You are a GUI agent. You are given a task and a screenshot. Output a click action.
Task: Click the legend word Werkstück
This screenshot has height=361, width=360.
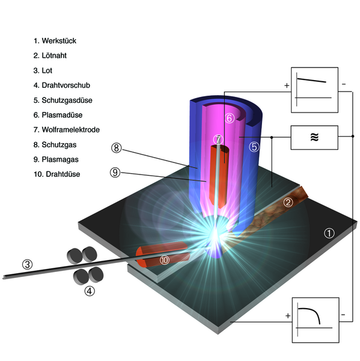(x=59, y=41)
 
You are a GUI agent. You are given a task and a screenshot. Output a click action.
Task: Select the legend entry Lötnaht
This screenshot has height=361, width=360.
(x=54, y=55)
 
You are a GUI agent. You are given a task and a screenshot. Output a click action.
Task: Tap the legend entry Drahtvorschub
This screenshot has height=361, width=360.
(x=66, y=85)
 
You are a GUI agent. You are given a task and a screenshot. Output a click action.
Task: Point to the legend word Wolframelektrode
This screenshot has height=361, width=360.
(x=71, y=129)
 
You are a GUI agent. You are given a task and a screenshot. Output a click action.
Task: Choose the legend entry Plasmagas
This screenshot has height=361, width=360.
(x=60, y=159)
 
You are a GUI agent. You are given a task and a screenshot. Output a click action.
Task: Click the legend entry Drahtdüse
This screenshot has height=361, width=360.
(x=63, y=174)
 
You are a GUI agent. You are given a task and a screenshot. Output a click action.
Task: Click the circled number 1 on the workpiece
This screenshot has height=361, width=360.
(x=329, y=233)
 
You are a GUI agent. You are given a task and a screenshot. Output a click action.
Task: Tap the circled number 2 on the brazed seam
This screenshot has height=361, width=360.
(x=288, y=202)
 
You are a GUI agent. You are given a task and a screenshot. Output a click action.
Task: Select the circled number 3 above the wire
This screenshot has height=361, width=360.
(x=28, y=264)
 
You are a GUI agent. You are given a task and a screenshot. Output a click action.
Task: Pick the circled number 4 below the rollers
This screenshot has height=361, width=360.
(x=90, y=291)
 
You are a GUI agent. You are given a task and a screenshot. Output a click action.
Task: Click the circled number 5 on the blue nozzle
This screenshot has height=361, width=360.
(x=254, y=147)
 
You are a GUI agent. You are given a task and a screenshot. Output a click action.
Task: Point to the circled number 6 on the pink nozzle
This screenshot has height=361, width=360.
(x=230, y=118)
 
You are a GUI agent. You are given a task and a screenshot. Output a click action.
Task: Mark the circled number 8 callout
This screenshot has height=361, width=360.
(x=117, y=147)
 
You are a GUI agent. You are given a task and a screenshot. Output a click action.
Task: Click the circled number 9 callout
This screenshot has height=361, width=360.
(x=115, y=172)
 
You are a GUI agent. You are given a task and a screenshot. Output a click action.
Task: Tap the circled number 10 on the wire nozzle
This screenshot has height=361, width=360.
(x=165, y=260)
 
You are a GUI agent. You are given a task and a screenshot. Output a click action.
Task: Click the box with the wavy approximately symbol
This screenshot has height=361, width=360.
(x=314, y=137)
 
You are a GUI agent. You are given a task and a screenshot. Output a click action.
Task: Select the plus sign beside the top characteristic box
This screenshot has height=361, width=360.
(x=287, y=85)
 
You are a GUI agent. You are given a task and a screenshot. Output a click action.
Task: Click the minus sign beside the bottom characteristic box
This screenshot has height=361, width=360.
(x=343, y=315)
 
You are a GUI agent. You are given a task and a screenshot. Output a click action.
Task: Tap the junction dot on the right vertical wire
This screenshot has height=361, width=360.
(x=353, y=137)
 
